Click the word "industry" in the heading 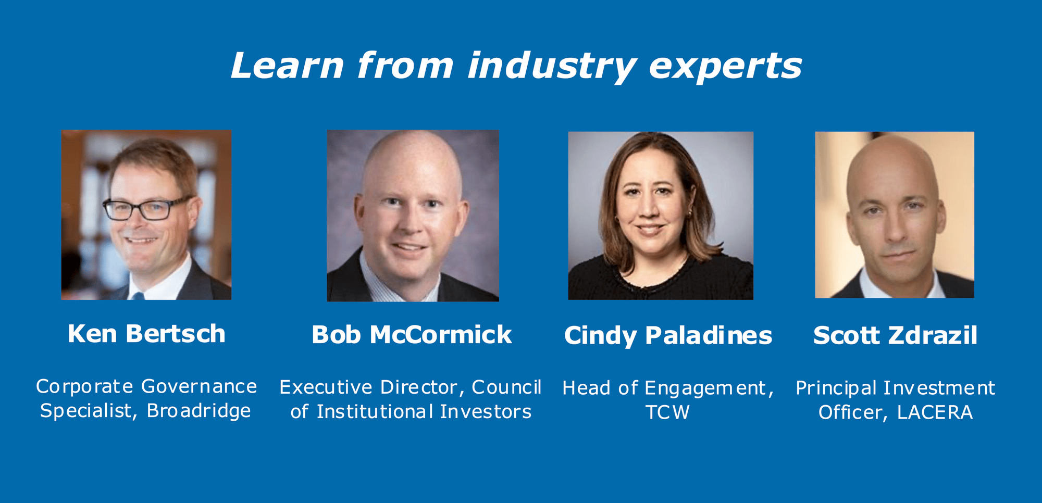551,67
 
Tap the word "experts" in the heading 725,67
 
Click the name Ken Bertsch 146,334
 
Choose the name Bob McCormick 412,335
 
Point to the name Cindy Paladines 668,335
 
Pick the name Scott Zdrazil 895,335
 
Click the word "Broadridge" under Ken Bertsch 199,411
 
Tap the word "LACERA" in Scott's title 935,412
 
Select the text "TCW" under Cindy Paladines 667,412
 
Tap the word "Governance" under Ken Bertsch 199,386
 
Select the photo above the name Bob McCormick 413,216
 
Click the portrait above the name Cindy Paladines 661,216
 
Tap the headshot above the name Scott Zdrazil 895,215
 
